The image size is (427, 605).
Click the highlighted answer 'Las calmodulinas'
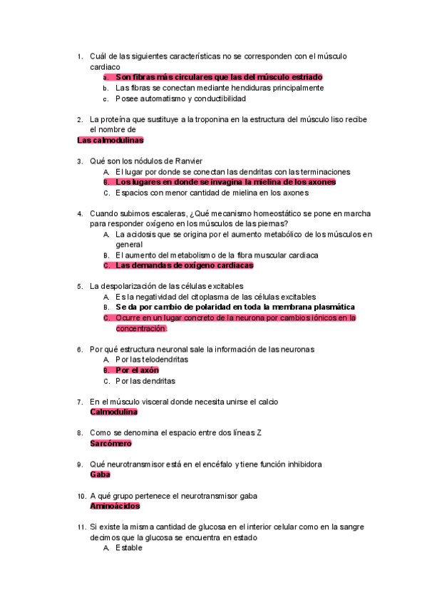pos(110,141)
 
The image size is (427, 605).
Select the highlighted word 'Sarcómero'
pos(110,443)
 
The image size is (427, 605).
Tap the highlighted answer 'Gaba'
pos(100,474)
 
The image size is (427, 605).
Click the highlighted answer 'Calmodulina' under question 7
pos(114,412)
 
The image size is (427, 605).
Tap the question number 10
pos(81,496)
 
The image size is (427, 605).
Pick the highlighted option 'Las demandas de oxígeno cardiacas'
pos(184,265)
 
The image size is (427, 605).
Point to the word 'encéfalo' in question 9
pos(219,464)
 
